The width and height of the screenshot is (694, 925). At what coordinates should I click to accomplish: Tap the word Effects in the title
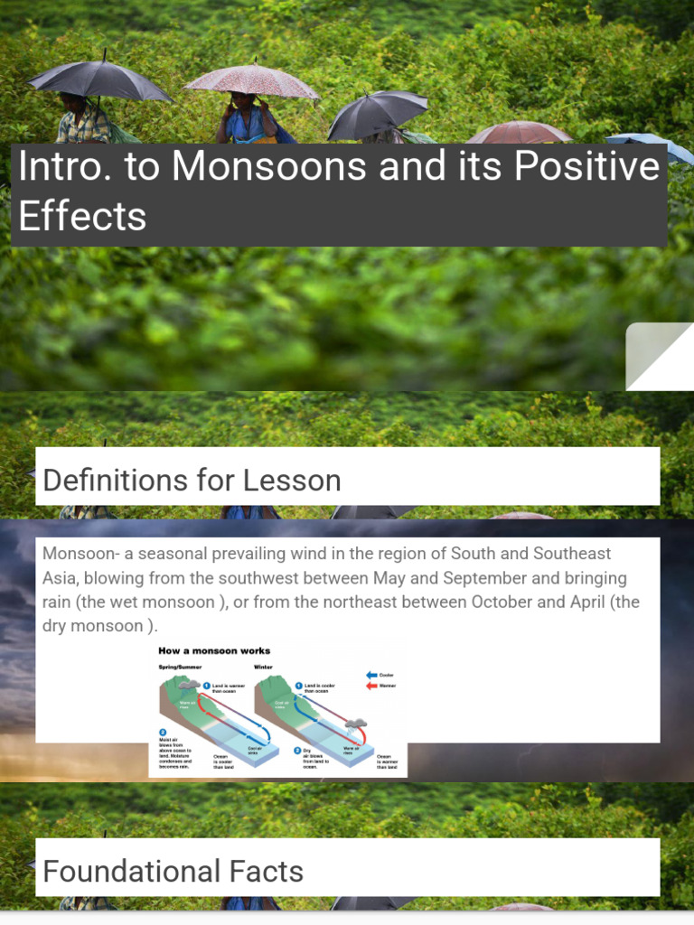pos(82,217)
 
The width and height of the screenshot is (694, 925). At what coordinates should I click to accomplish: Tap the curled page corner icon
pos(661,356)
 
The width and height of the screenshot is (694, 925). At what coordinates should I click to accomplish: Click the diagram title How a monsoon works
pos(214,650)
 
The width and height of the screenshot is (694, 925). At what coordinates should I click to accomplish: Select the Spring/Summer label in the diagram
pos(180,667)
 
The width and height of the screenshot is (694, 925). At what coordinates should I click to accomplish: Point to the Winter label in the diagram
pos(263,667)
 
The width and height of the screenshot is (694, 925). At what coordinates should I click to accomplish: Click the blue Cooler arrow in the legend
pos(371,674)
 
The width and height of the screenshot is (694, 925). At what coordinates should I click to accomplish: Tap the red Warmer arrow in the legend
pos(371,686)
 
